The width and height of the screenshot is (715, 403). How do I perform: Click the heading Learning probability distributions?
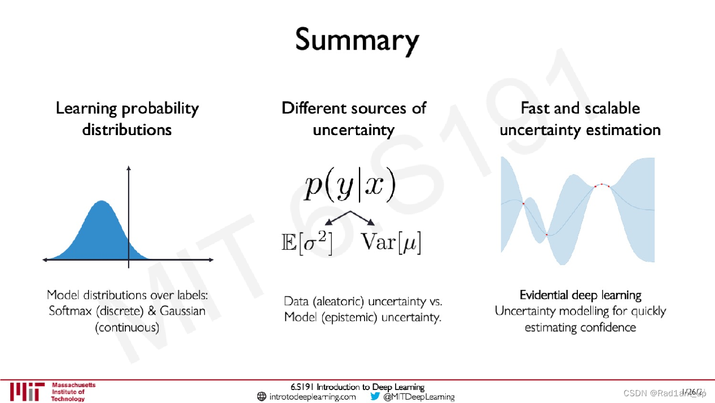[x=127, y=119]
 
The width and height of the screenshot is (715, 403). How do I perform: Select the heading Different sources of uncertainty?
[x=354, y=119]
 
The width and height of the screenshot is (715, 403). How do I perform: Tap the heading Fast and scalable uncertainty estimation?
[x=580, y=119]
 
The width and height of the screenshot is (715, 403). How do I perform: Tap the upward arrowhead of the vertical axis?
[x=129, y=167]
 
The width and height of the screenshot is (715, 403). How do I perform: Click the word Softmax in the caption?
[x=70, y=311]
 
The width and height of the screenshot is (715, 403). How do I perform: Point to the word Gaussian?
[x=182, y=311]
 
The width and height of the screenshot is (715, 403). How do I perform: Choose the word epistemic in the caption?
[x=350, y=317]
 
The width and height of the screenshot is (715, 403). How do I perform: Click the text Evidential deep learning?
[x=580, y=295]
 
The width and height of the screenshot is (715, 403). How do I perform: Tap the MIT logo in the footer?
[x=27, y=391]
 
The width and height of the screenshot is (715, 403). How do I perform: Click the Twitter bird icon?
[x=375, y=396]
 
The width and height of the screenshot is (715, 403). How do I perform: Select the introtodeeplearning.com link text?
[x=313, y=397]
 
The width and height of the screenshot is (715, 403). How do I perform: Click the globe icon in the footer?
[x=261, y=397]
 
